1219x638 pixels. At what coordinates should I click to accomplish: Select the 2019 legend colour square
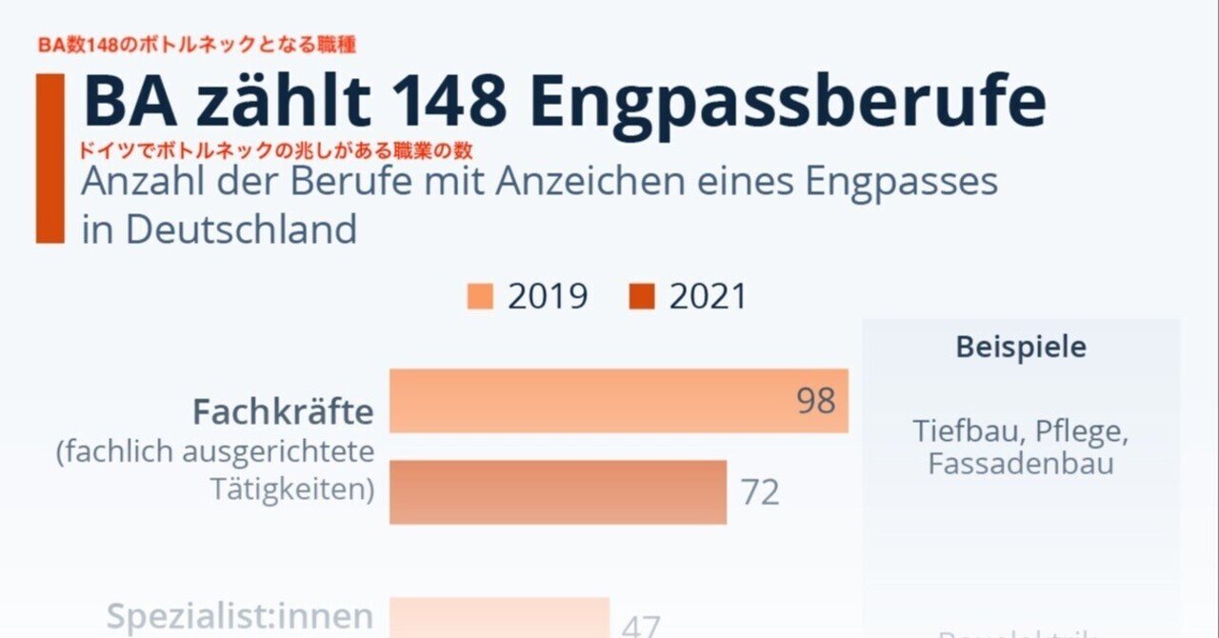click(480, 297)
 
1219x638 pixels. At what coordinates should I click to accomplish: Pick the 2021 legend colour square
click(643, 297)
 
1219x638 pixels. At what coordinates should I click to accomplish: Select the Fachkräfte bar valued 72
click(558, 492)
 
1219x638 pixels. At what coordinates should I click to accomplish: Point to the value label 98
click(815, 401)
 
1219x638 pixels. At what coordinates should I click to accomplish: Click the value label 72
click(760, 492)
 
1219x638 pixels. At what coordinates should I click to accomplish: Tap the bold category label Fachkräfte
click(283, 412)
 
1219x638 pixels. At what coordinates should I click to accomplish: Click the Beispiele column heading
click(1020, 347)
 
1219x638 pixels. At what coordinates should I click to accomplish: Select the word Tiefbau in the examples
click(967, 430)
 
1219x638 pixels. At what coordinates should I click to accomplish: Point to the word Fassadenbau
click(1020, 464)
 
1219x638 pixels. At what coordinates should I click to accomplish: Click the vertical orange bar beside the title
click(50, 158)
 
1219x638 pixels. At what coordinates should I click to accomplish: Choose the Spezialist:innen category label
click(240, 616)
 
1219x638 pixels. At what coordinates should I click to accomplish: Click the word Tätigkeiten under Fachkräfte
click(290, 489)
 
